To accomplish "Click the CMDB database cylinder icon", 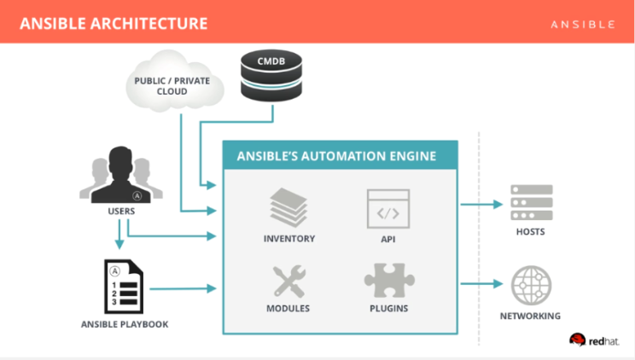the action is click(271, 75).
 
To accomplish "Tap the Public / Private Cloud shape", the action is click(175, 81).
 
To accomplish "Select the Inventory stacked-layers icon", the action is click(288, 208).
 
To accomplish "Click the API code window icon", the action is click(388, 209).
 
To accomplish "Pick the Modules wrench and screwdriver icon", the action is click(288, 282).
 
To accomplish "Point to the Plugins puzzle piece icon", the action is click(389, 280).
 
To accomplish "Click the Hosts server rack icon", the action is click(532, 202).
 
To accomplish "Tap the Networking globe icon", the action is click(531, 286).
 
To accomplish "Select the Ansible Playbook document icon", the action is click(124, 287).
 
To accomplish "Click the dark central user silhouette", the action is click(120, 175).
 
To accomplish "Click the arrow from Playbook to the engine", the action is click(183, 288).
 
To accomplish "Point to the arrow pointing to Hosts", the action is click(481, 204).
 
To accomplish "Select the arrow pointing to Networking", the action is click(481, 283).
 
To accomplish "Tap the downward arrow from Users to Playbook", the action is click(119, 235).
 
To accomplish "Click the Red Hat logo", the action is click(594, 340).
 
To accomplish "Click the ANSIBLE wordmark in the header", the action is click(583, 25).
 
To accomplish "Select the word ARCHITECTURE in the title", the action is click(149, 24).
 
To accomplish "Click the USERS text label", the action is click(121, 211).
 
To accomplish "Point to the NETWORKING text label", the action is click(530, 316).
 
